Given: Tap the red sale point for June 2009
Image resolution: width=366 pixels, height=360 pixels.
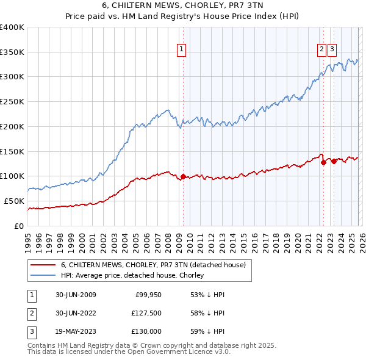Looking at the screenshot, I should [183, 176].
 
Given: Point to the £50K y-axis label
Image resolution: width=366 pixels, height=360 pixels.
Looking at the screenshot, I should [14, 201].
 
